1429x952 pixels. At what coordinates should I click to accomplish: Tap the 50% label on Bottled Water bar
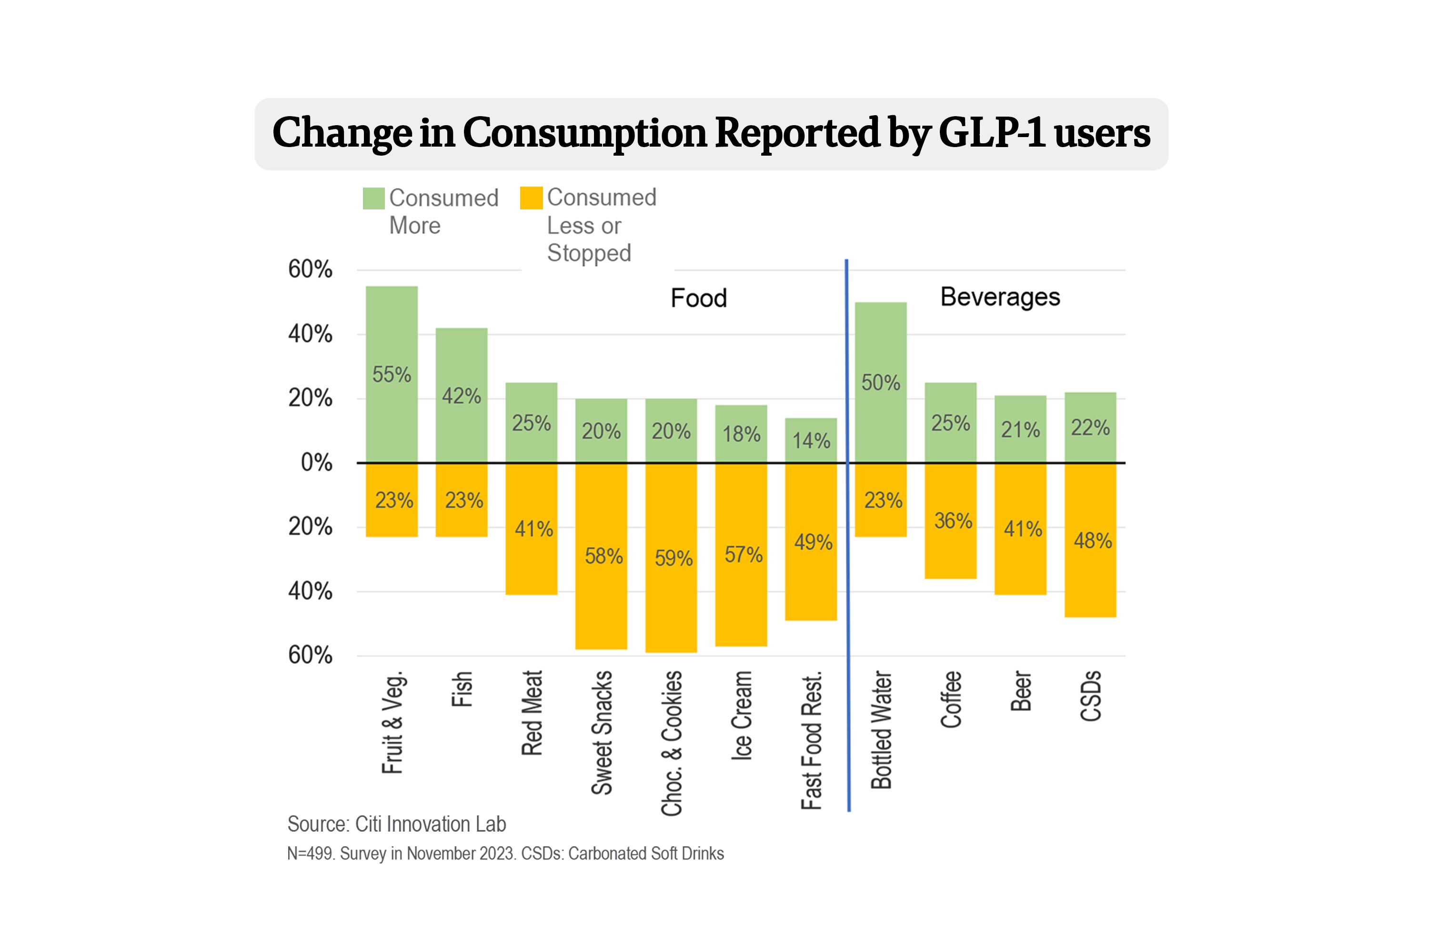coord(880,383)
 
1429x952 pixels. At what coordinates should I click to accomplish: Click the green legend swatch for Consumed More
coord(373,198)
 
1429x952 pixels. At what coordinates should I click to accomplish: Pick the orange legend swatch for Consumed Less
coord(531,198)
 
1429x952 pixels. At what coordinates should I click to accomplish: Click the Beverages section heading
coord(1000,297)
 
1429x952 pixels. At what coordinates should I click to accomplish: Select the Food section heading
coord(699,298)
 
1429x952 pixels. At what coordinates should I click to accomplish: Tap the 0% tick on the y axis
coord(316,463)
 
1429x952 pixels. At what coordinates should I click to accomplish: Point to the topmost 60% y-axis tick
coord(310,269)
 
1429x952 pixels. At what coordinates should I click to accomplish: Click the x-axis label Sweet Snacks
coord(602,732)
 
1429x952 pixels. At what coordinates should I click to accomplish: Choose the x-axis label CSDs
coord(1091,696)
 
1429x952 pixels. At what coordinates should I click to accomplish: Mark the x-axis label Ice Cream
coord(741,715)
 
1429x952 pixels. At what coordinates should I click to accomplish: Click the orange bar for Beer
coord(1020,565)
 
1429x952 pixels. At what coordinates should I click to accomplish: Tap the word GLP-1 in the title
coord(992,132)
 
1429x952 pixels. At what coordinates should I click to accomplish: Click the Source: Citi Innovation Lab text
coord(396,824)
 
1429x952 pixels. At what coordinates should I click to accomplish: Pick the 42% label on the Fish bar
coord(461,396)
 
